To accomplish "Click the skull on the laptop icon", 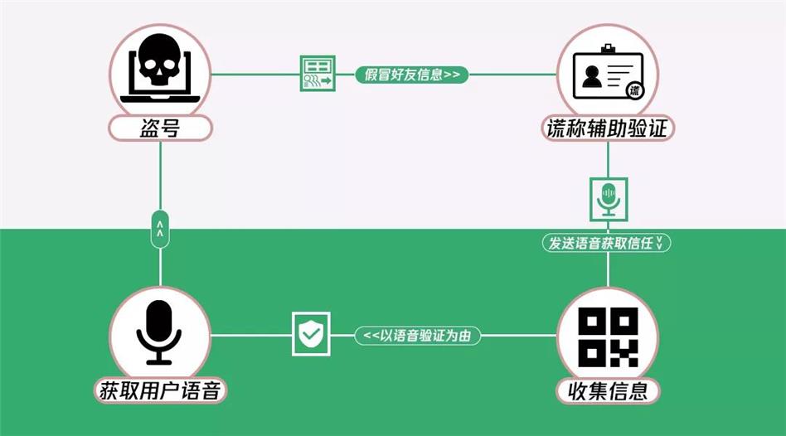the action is [x=159, y=59].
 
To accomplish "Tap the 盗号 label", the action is [x=160, y=128].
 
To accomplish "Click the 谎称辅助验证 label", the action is [x=608, y=128].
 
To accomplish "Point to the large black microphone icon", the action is [x=159, y=332].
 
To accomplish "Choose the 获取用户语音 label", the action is [x=160, y=390].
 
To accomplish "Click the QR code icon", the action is [x=608, y=337].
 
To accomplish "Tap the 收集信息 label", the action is [x=608, y=390].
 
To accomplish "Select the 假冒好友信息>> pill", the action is [x=411, y=75].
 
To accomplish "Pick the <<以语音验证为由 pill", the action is [x=418, y=335].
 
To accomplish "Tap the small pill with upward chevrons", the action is [x=160, y=229].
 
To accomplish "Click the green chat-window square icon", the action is [x=318, y=74].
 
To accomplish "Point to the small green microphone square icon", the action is [x=609, y=199].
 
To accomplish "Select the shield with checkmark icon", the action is [x=311, y=334].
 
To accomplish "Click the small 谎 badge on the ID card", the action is [x=634, y=90].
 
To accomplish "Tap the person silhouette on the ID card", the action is [x=592, y=77].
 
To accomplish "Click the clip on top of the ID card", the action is [x=608, y=49].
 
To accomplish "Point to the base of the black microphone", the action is [x=159, y=361].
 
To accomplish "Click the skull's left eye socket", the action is [x=149, y=65].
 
